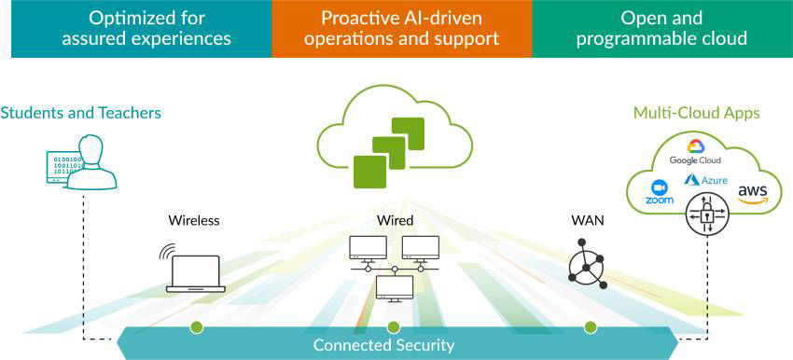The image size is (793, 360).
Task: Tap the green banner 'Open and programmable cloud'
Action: pyautogui.click(x=661, y=28)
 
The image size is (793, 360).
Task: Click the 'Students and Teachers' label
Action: pyautogui.click(x=81, y=113)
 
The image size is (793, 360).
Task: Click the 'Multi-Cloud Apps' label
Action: pyautogui.click(x=696, y=113)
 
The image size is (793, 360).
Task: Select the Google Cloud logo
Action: pyautogui.click(x=696, y=151)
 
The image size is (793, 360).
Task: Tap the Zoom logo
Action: pyautogui.click(x=660, y=192)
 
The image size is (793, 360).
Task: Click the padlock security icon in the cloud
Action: pyautogui.click(x=705, y=214)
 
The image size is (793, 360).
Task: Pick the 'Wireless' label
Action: pyautogui.click(x=194, y=221)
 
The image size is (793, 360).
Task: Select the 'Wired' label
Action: pyautogui.click(x=394, y=221)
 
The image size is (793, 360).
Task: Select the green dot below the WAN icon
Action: pyautogui.click(x=590, y=327)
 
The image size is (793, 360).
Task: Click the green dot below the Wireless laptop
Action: pyautogui.click(x=196, y=327)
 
